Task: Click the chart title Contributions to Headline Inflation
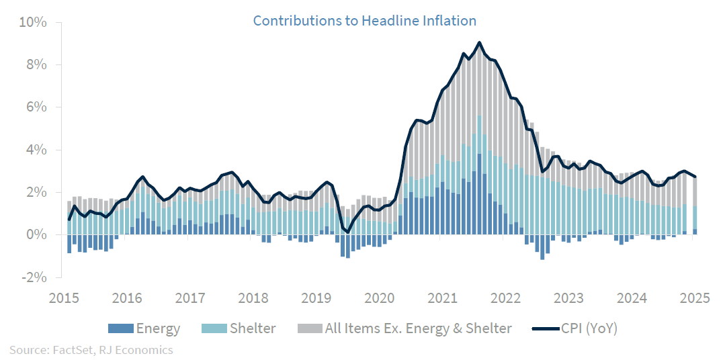364,21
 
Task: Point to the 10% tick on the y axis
32,22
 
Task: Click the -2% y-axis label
33,277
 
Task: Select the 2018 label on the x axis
252,298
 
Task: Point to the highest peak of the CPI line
479,42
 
